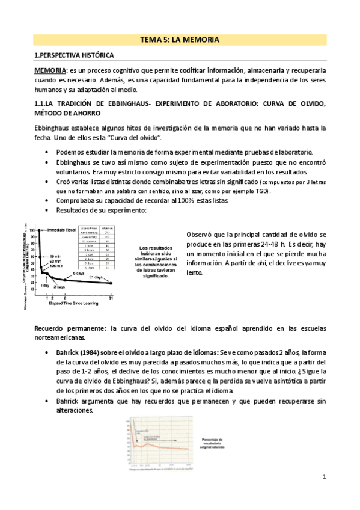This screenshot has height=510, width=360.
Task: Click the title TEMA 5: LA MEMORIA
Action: pyautogui.click(x=179, y=40)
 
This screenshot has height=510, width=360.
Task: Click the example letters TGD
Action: pyautogui.click(x=260, y=191)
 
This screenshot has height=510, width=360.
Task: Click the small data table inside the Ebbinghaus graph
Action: pyautogui.click(x=97, y=248)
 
